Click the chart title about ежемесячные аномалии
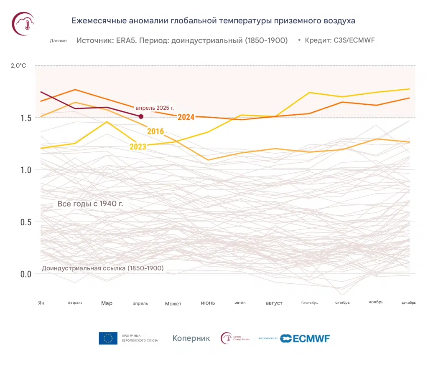[213, 20]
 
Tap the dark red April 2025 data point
[141, 116]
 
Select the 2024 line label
[186, 117]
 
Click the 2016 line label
[155, 131]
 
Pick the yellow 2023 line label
[138, 147]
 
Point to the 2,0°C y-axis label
[18, 66]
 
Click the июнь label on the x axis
[208, 303]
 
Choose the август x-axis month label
[274, 303]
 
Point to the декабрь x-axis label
[408, 303]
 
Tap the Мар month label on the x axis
[107, 303]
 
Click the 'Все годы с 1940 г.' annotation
[90, 204]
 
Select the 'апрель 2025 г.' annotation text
[155, 108]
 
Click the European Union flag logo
[108, 338]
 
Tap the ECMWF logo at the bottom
[305, 338]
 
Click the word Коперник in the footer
[191, 338]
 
